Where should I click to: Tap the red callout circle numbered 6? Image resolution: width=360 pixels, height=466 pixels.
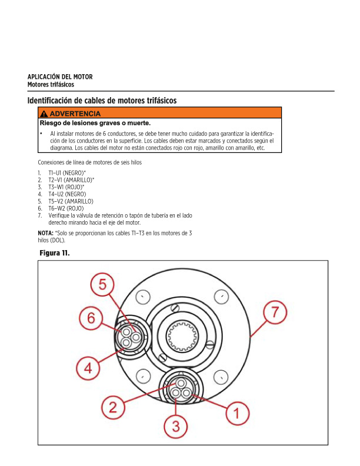coord(91,318)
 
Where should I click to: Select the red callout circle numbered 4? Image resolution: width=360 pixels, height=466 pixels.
coord(88,368)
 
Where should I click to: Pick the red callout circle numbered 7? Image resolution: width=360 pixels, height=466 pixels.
coord(275,312)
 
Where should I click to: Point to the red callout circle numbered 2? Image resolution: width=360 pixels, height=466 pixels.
coord(113,406)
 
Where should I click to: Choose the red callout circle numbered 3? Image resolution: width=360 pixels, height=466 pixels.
coord(176,425)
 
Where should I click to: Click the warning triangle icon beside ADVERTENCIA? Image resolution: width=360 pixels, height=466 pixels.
coord(44,114)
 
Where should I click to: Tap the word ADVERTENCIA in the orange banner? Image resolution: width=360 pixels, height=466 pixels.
coord(75,114)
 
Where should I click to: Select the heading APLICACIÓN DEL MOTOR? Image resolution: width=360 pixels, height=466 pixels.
coord(60,77)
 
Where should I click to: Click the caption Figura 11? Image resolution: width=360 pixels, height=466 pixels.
coord(54,253)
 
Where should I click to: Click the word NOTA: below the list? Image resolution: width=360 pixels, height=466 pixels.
coord(45,234)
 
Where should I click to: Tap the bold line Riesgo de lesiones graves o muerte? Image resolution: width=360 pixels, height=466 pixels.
coord(95,124)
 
